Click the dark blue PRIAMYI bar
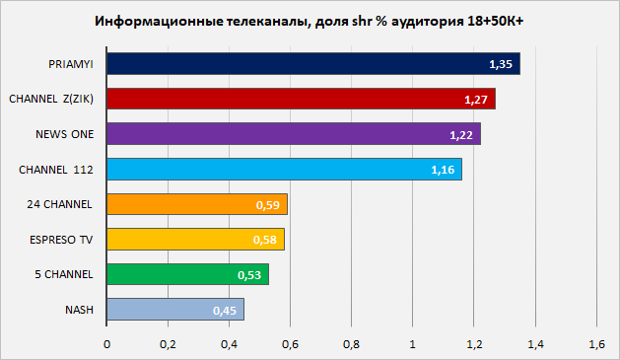(x=313, y=64)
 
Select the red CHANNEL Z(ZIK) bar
(x=301, y=99)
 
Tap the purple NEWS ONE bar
(x=294, y=134)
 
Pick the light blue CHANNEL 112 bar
(x=284, y=170)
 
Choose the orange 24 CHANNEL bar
(x=197, y=204)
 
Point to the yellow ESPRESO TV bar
(x=195, y=240)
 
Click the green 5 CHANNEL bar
(x=188, y=274)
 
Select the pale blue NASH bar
(x=175, y=310)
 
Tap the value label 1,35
(x=501, y=64)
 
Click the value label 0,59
(x=268, y=205)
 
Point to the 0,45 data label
(x=225, y=311)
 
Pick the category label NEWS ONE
(x=65, y=134)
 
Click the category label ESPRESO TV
(x=61, y=240)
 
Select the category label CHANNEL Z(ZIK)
(x=51, y=99)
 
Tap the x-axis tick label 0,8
(x=351, y=344)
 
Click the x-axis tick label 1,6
(x=596, y=344)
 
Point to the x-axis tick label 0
(x=106, y=344)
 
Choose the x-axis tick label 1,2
(x=474, y=344)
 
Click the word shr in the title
(x=362, y=21)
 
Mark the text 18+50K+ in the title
(x=495, y=21)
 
